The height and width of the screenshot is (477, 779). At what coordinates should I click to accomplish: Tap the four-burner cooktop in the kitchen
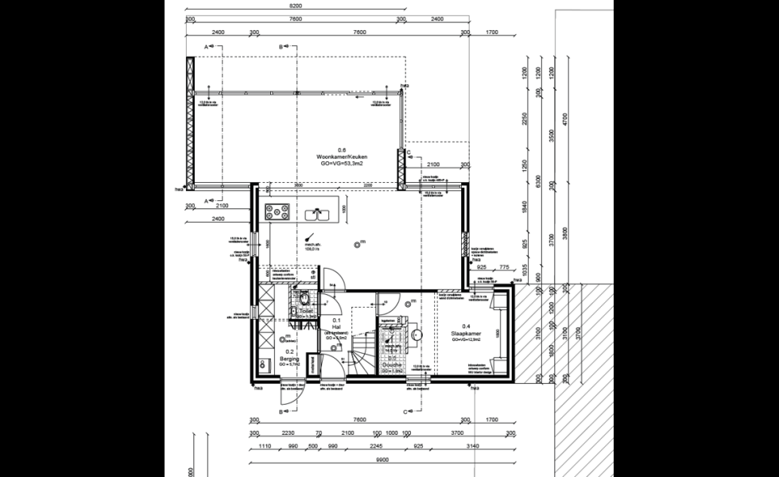point(276,212)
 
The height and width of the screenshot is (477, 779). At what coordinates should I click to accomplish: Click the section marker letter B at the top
point(281,48)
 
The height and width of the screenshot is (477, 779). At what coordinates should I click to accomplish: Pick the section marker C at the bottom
point(405,411)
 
